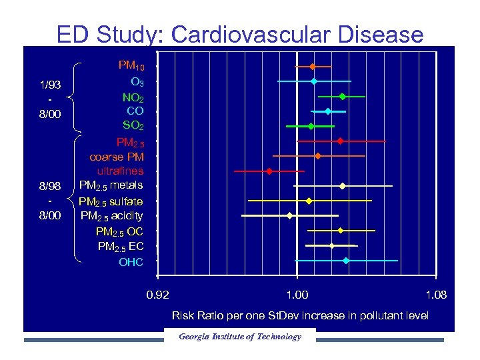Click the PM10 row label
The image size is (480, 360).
pyautogui.click(x=131, y=66)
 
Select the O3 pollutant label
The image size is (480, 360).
pyautogui.click(x=136, y=82)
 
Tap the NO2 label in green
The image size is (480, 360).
pyautogui.click(x=133, y=97)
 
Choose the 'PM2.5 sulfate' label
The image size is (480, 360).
pyautogui.click(x=111, y=201)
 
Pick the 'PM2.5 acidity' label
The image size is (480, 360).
pyautogui.click(x=111, y=216)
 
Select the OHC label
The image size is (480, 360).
pyautogui.click(x=131, y=262)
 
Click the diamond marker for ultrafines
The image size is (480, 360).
pyautogui.click(x=269, y=171)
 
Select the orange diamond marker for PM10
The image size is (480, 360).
pyautogui.click(x=312, y=66)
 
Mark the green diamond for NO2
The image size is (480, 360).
pyautogui.click(x=343, y=97)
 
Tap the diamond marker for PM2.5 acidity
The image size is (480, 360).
pyautogui.click(x=289, y=216)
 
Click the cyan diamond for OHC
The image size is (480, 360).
pyautogui.click(x=346, y=261)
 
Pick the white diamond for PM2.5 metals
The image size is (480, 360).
pyautogui.click(x=343, y=186)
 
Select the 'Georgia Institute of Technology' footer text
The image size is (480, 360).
pyautogui.click(x=239, y=337)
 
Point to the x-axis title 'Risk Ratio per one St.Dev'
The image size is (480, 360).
pyautogui.click(x=300, y=315)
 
